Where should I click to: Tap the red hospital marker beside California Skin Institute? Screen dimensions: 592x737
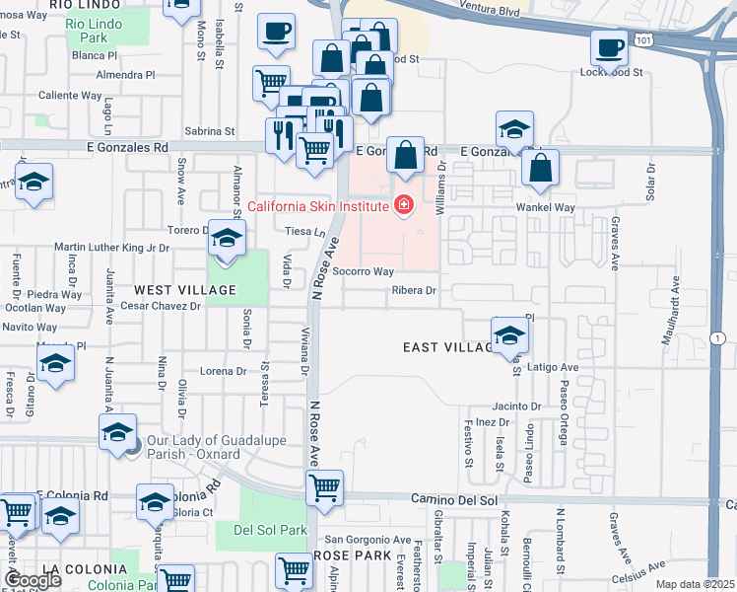tap(402, 206)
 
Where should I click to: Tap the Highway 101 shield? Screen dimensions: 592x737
tap(642, 38)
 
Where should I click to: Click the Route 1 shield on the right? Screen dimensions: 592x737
tap(721, 338)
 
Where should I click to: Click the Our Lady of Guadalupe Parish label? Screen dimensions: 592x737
tap(194, 448)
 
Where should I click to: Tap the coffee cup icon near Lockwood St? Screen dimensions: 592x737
tap(609, 47)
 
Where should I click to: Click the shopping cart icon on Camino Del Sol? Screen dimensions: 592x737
tap(325, 486)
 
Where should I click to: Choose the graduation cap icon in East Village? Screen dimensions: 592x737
tap(509, 334)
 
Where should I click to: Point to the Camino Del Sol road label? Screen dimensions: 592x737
tap(454, 500)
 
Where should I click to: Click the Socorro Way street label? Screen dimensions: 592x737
tap(363, 271)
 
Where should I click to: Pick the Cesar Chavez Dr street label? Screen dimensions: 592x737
tap(161, 306)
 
